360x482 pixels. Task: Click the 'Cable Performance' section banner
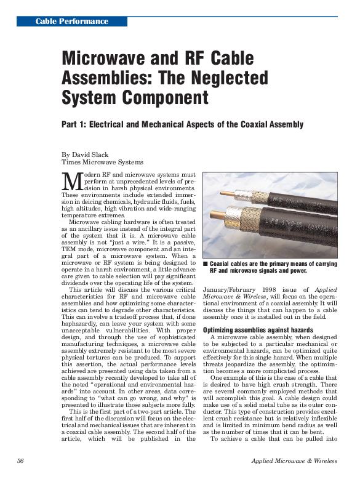click(x=71, y=22)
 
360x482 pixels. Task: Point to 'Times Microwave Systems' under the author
click(x=102, y=162)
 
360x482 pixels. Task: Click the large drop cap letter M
click(x=72, y=182)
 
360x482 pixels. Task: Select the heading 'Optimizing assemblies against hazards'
click(x=258, y=330)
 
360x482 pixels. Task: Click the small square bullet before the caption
click(x=206, y=263)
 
